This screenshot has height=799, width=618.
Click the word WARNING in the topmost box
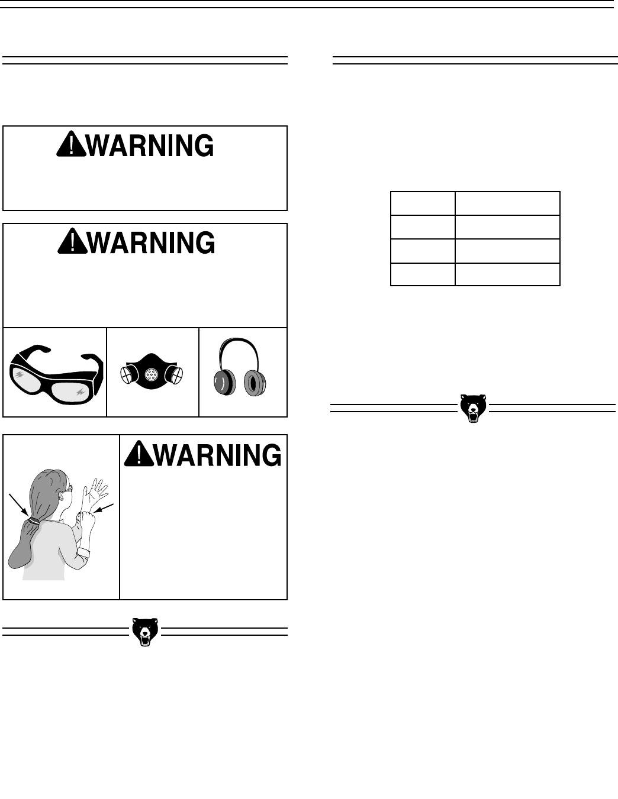pos(149,145)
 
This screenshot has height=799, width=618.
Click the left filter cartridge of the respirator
pos(128,374)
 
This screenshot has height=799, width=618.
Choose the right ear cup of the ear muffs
pos(257,383)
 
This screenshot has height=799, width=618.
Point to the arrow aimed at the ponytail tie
pos(19,503)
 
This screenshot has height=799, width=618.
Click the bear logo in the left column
pos(145,632)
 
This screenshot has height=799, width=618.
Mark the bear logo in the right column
pos(474,408)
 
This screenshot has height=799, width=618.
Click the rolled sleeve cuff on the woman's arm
pos(83,554)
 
